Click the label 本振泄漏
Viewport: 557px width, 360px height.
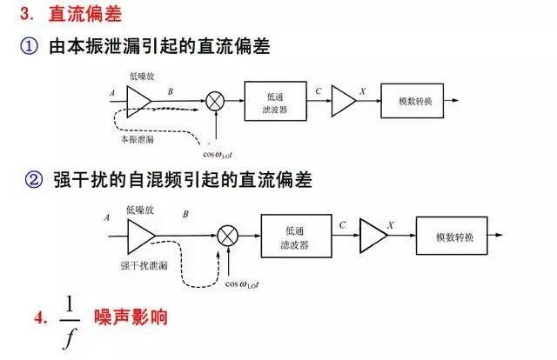pos(138,139)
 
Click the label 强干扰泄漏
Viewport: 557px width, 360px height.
pos(144,265)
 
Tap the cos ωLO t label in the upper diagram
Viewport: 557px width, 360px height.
pos(218,155)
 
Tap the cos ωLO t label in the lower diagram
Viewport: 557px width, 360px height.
pos(242,284)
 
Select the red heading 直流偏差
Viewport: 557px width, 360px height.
pos(85,14)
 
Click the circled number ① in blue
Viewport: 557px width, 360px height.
pos(29,46)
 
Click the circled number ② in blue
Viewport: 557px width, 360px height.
pos(34,180)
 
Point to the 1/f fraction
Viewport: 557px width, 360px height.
pos(70,323)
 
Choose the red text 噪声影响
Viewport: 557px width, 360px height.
pos(131,317)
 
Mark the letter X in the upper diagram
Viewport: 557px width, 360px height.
pos(362,91)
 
